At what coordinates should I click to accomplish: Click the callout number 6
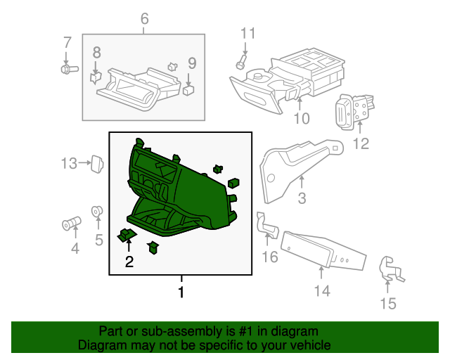(144, 19)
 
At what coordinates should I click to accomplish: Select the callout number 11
(246, 33)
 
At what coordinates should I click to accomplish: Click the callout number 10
(301, 119)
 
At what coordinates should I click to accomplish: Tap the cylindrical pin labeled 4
(70, 224)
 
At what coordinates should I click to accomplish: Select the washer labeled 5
(98, 210)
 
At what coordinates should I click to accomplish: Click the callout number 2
(129, 262)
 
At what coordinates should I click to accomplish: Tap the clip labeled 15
(388, 270)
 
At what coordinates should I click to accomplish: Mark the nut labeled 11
(240, 65)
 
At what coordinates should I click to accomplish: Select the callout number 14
(321, 290)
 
